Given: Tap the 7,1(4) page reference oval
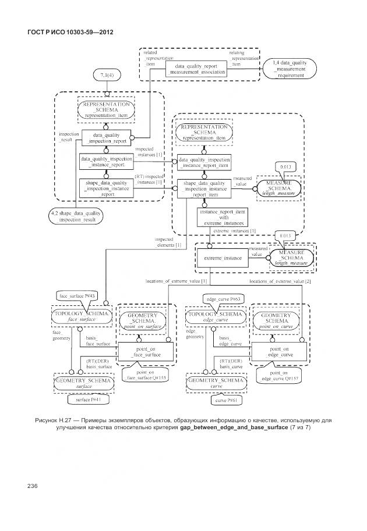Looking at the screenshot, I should [x=107, y=75].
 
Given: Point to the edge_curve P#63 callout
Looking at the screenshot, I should [x=221, y=298].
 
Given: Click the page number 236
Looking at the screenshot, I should [x=33, y=485].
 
